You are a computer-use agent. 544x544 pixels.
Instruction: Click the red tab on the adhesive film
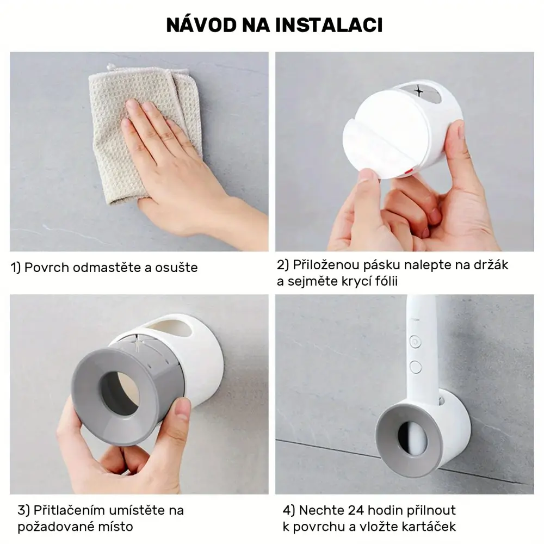point(409,170)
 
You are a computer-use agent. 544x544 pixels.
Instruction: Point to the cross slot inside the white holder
point(419,91)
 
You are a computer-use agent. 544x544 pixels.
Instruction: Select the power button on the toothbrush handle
point(415,342)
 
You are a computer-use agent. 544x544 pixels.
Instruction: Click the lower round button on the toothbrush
point(415,367)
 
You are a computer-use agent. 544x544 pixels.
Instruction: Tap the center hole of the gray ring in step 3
point(119,393)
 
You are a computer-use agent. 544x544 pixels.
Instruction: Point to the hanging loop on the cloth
point(111,66)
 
